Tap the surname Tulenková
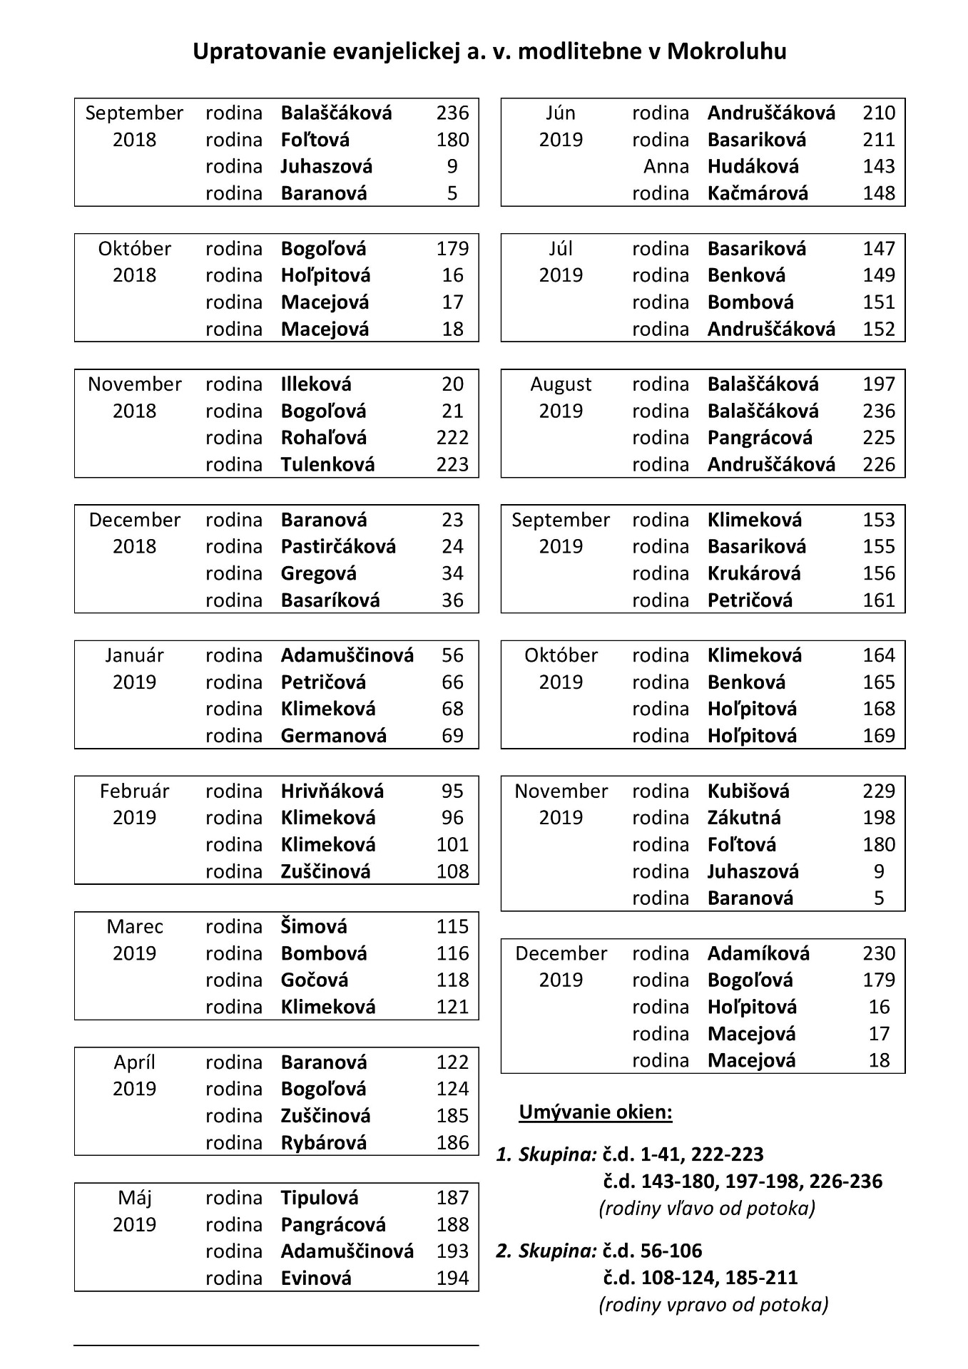coord(327,465)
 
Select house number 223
coord(452,465)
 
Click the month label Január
coord(134,655)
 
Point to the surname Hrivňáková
coord(332,791)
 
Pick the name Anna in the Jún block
coord(666,166)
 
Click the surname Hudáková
coord(753,166)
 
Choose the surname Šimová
coord(314,926)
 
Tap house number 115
coord(452,926)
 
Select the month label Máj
coord(134,1198)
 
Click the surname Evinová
coord(316,1278)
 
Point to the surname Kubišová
coord(748,791)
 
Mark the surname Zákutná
coord(744,818)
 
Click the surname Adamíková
coord(758,953)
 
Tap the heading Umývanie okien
coord(596,1112)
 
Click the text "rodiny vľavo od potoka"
coord(707,1208)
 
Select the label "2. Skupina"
coord(546,1251)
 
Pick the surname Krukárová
coord(754,573)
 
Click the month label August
coord(561,384)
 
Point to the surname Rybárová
coord(323,1143)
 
